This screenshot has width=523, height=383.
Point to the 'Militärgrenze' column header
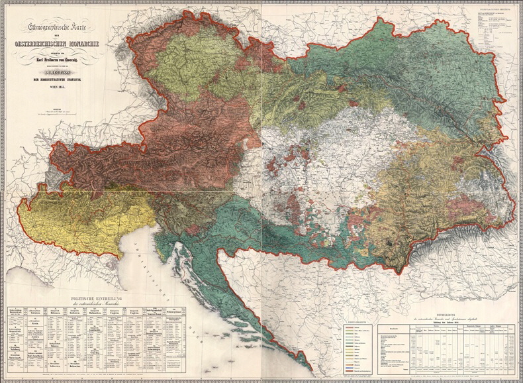[173, 311]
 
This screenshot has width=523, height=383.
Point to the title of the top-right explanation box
[493, 11]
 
